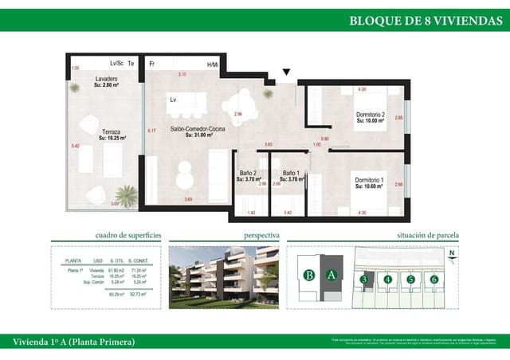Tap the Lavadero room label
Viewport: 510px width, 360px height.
[x=107, y=80]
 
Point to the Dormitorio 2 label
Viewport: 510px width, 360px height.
[x=370, y=115]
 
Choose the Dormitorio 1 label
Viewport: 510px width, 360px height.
[x=369, y=182]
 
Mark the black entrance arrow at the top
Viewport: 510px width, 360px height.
[x=287, y=72]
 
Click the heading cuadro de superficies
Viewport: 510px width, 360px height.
[x=128, y=236]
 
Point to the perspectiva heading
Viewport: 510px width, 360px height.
[x=261, y=236]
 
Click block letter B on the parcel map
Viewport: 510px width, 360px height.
[x=307, y=276]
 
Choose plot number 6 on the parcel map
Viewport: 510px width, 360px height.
[x=434, y=279]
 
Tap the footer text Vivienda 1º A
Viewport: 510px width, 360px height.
[x=74, y=342]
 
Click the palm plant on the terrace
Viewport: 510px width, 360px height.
[x=125, y=194]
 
